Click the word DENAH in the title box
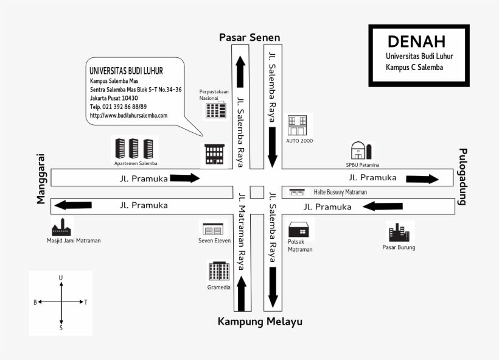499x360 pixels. (x=416, y=42)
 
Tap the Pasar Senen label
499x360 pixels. (x=249, y=38)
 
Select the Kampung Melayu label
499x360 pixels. (x=260, y=322)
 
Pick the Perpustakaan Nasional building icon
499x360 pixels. (x=215, y=110)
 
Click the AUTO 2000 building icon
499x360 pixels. (x=298, y=125)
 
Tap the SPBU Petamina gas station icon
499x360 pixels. (x=361, y=150)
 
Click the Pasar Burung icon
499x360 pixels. (x=399, y=233)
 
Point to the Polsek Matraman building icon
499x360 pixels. (x=299, y=229)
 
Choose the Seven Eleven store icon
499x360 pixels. (x=214, y=230)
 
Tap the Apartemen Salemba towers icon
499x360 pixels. (x=135, y=149)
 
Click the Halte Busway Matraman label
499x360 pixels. (x=340, y=192)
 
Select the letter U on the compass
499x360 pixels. (x=61, y=278)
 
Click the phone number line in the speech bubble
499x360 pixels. (x=118, y=107)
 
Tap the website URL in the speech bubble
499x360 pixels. (x=128, y=115)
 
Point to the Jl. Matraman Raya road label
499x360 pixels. (x=242, y=231)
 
